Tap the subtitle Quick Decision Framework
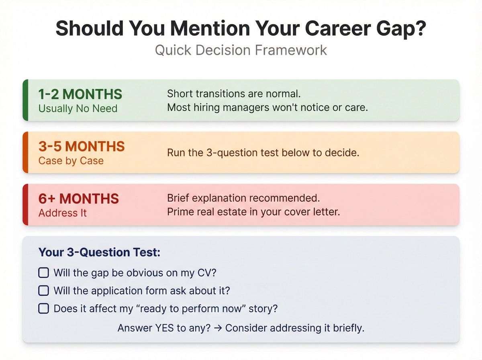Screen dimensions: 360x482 (x=241, y=51)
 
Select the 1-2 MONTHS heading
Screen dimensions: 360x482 (x=80, y=94)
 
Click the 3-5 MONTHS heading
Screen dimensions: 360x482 (x=82, y=146)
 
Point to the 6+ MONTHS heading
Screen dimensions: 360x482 (x=79, y=198)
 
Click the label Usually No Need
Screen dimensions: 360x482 (x=78, y=108)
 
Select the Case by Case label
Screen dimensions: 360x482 (x=71, y=161)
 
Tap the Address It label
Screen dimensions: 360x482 (x=63, y=213)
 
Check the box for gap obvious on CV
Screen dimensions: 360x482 (x=43, y=273)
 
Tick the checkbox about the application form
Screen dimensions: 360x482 (x=43, y=290)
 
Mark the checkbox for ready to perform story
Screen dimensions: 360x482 (x=43, y=309)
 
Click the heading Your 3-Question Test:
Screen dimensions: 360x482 (x=99, y=252)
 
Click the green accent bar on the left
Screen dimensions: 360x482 (x=25, y=100)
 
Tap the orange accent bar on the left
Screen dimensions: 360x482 (x=25, y=152)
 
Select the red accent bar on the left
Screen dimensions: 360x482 (x=25, y=205)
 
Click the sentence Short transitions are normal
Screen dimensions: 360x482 (x=234, y=94)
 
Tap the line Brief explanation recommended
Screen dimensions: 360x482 (x=241, y=198)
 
